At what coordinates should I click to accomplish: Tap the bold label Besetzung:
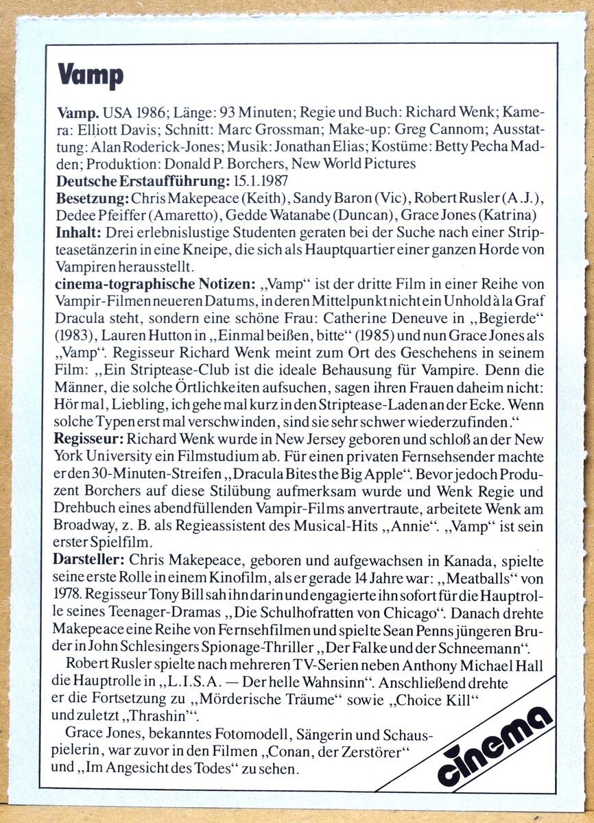91,198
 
